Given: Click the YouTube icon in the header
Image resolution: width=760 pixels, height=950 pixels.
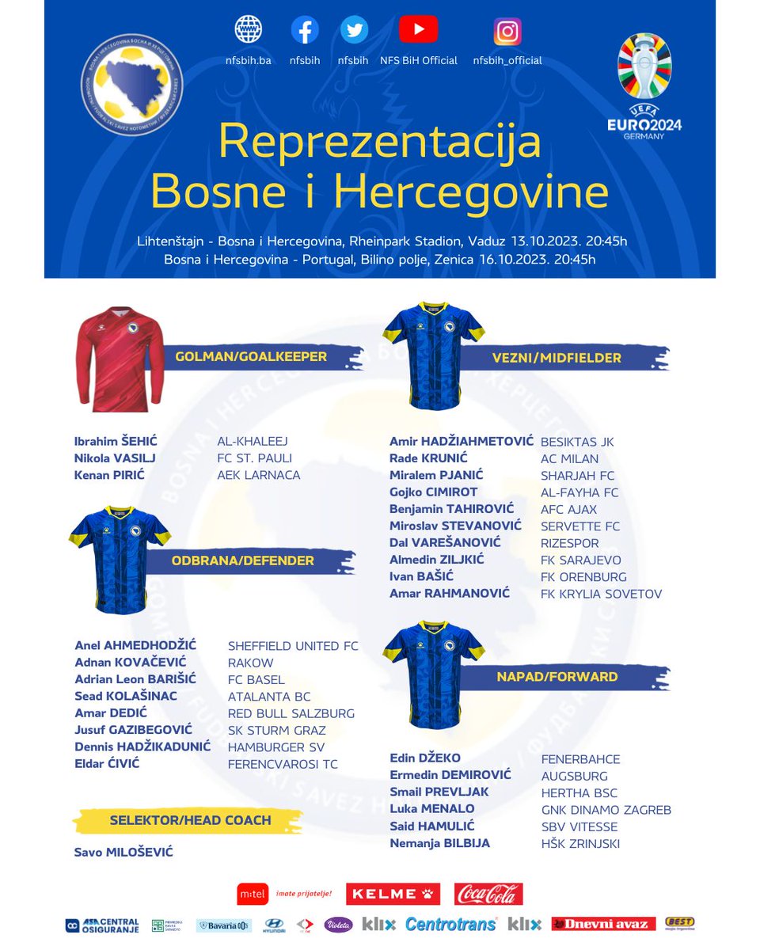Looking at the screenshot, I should point(419,30).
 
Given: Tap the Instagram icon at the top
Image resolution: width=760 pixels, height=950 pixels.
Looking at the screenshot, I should point(507,31).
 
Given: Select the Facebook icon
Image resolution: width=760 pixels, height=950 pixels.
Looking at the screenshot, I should point(305,31).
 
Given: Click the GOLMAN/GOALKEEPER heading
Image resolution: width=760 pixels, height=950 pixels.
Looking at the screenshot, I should point(251,357).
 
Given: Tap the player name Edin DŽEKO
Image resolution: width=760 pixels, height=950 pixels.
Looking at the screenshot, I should point(425,758).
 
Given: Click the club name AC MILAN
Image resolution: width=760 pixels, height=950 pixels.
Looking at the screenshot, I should point(569,459).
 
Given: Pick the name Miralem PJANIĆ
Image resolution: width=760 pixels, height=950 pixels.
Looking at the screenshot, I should point(436,476).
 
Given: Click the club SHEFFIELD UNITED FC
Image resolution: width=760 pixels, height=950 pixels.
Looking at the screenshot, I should point(293,646).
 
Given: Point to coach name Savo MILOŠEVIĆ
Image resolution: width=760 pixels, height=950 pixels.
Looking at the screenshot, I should point(123,853).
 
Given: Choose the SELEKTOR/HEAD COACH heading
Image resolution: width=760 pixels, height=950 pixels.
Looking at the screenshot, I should point(191,820).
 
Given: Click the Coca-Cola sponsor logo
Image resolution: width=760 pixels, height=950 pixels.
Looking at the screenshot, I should point(488,894).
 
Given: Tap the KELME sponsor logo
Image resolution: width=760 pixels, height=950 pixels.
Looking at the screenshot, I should point(392,894).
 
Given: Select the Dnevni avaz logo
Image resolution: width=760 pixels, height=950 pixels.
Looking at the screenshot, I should point(604,924).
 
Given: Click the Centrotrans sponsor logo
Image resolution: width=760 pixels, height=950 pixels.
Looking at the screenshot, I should point(451,924).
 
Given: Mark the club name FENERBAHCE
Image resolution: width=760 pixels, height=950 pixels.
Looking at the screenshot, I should point(580,759).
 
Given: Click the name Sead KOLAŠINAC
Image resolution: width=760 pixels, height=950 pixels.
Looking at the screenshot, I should point(126,697).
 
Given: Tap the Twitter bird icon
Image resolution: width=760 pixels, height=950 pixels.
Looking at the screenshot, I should point(354,31).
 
